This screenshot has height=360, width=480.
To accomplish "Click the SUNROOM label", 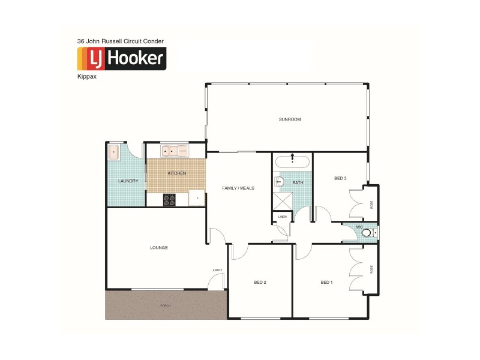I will pyautogui.click(x=290, y=119).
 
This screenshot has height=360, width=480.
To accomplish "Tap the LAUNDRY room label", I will pyautogui.click(x=128, y=181).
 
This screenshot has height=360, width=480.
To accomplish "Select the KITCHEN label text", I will pyautogui.click(x=176, y=173).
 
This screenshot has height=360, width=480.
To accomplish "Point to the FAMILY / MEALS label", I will pyautogui.click(x=238, y=188).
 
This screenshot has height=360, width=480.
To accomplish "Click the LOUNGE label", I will pyautogui.click(x=159, y=247).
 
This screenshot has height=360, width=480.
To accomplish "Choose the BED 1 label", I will pyautogui.click(x=326, y=282).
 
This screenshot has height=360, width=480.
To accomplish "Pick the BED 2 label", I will pyautogui.click(x=260, y=282).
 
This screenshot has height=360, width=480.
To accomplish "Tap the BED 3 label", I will pyautogui.click(x=341, y=178).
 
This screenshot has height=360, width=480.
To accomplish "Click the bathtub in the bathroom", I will pyautogui.click(x=292, y=161).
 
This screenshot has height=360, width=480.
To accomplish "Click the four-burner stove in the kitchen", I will pyautogui.click(x=170, y=199).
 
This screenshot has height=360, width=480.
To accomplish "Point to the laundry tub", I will pyautogui.click(x=114, y=152).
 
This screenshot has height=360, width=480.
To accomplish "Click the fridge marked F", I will pyautogui.click(x=196, y=198).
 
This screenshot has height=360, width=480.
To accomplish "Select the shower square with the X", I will pyautogui.click(x=282, y=199).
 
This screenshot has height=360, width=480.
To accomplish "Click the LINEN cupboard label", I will pyautogui.click(x=282, y=216).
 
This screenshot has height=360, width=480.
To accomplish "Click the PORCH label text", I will pyautogui.click(x=165, y=305).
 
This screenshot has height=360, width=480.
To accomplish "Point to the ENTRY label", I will pyautogui.click(x=217, y=270).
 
